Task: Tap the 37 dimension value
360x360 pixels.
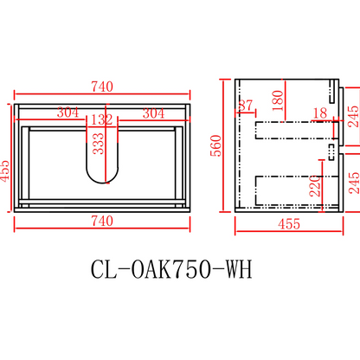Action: point(246,106)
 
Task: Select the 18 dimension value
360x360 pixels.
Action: point(320,112)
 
